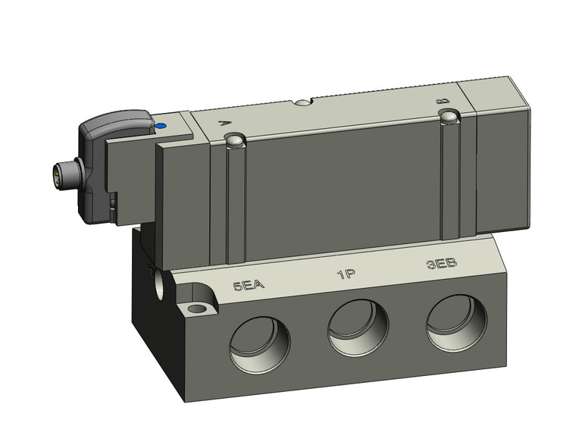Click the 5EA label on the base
pyautogui.click(x=248, y=286)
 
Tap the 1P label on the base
pyautogui.click(x=347, y=274)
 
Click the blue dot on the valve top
pyautogui.click(x=160, y=125)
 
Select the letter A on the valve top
pyautogui.click(x=221, y=121)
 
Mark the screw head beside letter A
pyautogui.click(x=235, y=139)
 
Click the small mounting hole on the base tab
pyautogui.click(x=199, y=309)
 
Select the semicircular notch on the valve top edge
pyautogui.click(x=304, y=102)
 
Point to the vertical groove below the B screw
pyautogui.click(x=452, y=178)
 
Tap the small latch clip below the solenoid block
pyautogui.click(x=114, y=205)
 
